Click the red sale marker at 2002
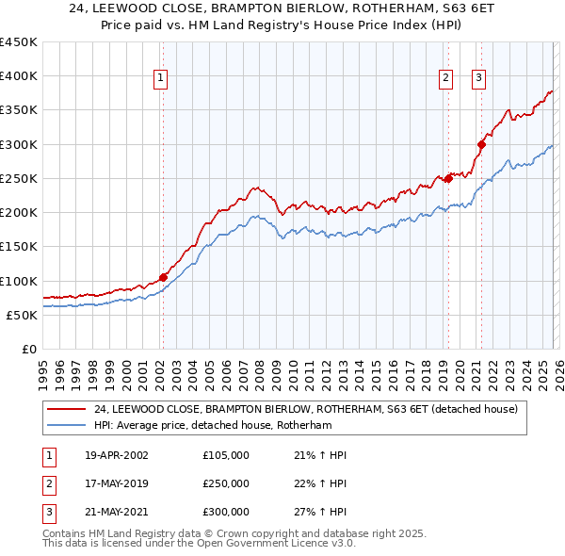point(163,277)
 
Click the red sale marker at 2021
point(481,144)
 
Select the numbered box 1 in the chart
point(161,79)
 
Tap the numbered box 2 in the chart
point(444,79)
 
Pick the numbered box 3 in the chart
point(478,79)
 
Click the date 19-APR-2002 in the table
point(116,455)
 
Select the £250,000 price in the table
point(226,483)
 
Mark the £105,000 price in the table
point(226,455)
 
